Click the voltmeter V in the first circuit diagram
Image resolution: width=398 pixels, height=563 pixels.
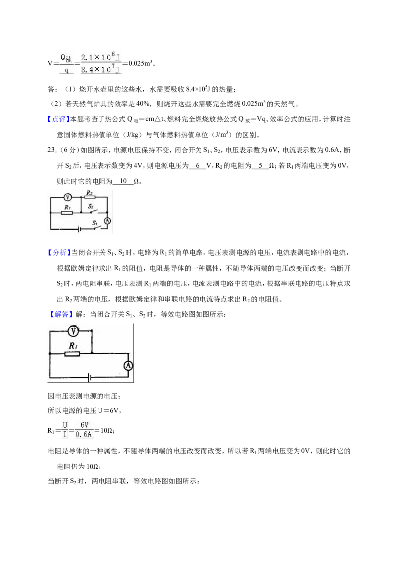point(67,197)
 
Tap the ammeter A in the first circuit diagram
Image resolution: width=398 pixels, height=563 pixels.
point(107,221)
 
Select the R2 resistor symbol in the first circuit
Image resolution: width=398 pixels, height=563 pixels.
point(90,197)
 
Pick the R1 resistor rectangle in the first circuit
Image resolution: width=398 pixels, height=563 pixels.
point(67,213)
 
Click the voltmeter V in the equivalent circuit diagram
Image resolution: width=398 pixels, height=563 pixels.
point(74,331)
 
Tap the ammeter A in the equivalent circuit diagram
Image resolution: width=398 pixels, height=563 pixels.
point(128,366)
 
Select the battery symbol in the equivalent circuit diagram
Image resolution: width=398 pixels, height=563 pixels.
point(89,377)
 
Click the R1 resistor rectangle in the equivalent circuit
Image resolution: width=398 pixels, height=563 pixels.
point(72,354)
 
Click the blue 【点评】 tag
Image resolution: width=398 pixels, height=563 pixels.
point(59,119)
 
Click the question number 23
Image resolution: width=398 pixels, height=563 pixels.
point(52,150)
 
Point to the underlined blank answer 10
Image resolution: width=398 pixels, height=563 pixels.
point(123,181)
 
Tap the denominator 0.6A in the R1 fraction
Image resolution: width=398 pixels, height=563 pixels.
point(84,435)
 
